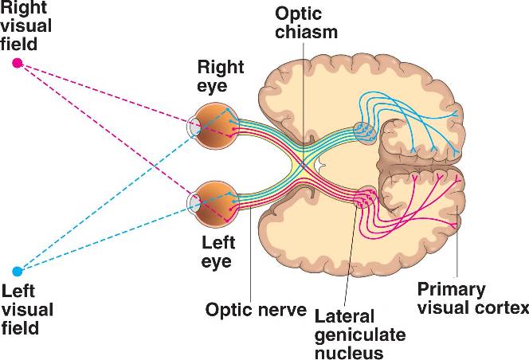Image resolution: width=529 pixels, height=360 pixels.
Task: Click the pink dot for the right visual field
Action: point(17,63)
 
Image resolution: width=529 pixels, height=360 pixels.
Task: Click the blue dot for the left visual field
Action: point(17,271)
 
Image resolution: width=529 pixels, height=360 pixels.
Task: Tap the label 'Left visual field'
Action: point(26,309)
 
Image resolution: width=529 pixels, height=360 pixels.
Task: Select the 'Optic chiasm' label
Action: point(304,24)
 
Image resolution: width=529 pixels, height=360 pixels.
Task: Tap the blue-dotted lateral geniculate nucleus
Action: point(363,132)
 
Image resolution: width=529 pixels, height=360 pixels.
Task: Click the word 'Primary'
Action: point(452,289)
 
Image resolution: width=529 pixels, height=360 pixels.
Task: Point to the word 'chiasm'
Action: point(304,33)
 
